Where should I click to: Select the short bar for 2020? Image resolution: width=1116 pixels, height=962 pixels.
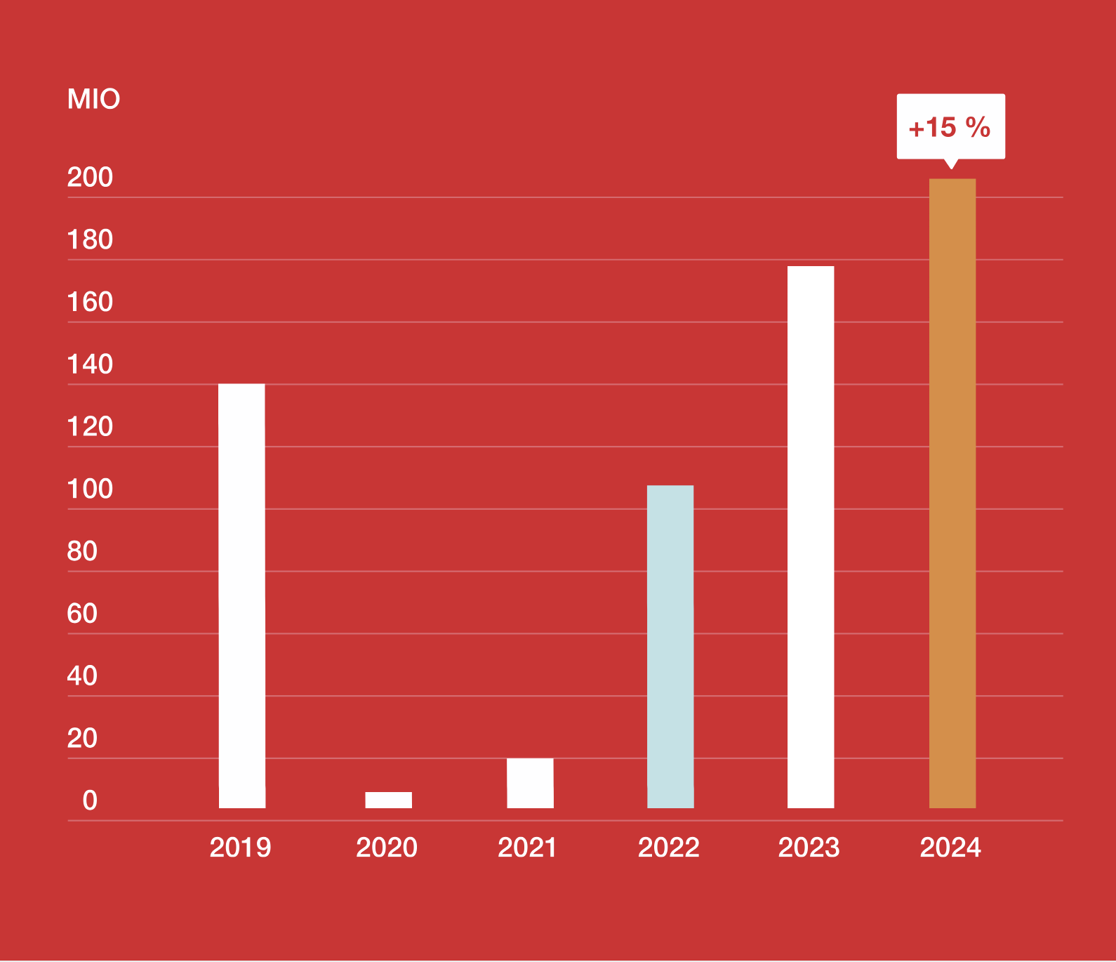coord(388,800)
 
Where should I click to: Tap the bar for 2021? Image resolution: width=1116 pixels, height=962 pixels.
coord(530,783)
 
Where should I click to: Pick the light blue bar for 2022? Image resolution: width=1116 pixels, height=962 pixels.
coord(670,646)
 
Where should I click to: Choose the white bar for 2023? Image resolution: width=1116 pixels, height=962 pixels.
coord(811,537)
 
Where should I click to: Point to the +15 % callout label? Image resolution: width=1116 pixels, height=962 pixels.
coord(950,127)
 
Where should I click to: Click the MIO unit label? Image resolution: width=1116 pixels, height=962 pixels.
coord(93,99)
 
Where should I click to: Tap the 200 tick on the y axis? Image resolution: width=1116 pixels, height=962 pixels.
coord(90,178)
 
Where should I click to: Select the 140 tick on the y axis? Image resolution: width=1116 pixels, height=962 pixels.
coord(90,364)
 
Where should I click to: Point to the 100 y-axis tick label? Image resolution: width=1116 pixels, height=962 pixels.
coord(90,489)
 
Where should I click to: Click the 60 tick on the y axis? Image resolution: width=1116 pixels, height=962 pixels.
coord(82,614)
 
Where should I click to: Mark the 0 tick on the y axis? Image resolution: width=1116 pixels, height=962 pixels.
coord(90,800)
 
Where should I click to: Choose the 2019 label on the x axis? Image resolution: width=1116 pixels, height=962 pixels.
coord(240,848)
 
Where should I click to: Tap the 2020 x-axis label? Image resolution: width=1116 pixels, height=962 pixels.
coord(387,848)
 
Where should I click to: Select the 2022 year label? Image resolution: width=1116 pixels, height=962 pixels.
coord(668,848)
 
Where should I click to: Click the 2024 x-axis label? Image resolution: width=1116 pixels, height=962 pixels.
coord(950,848)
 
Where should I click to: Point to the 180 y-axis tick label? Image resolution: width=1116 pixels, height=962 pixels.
coord(90,240)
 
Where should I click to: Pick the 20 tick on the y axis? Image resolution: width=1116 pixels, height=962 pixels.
coord(82,739)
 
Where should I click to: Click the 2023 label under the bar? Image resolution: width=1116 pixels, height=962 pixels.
coord(809,848)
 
